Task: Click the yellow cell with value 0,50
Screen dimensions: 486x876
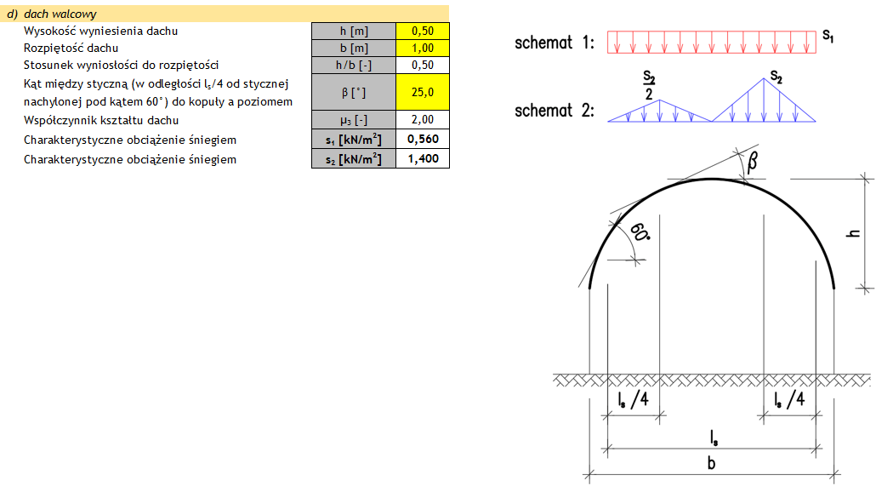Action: coord(423,31)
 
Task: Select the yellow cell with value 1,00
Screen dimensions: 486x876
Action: coord(423,48)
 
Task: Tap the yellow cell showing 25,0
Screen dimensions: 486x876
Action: coord(423,92)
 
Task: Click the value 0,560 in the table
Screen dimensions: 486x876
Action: coord(423,139)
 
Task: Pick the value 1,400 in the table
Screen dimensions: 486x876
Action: coord(423,158)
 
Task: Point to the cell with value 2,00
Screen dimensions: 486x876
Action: coord(423,119)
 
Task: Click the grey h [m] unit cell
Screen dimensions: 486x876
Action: coord(354,31)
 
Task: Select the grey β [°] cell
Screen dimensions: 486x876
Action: coord(354,92)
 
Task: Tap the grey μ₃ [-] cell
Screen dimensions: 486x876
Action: coord(354,119)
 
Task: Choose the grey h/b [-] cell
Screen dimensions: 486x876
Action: coord(354,65)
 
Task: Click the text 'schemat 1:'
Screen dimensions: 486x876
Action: coord(555,43)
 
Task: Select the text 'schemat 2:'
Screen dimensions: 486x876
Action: coord(555,111)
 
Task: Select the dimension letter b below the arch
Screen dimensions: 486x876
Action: coord(711,464)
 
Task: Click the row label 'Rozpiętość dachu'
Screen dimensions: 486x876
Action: coord(71,48)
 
